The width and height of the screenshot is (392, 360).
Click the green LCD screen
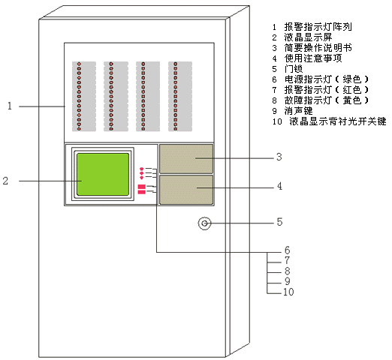pos(103,174)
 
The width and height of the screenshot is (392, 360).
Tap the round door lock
pos(204,223)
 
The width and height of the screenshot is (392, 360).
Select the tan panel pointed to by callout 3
pos(186,159)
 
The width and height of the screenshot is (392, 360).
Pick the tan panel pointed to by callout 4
pos(186,190)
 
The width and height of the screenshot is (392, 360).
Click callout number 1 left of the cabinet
pos(10,106)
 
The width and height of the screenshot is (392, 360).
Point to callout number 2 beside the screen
pos(5,181)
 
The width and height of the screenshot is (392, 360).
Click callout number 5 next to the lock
pos(279,222)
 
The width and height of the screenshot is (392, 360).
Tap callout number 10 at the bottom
pos(288,292)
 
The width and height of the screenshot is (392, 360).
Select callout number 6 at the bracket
pos(287,250)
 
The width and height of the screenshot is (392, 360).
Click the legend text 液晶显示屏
pos(308,37)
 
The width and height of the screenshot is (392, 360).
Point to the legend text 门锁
pos(294,69)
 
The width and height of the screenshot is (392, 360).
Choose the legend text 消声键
pos(298,111)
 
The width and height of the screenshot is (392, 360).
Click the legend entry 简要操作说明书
pos(318,48)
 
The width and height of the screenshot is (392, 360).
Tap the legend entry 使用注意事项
pos(313,58)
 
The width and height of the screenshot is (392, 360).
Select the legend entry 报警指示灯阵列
pos(318,27)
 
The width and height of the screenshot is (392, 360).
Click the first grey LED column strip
pos(84,97)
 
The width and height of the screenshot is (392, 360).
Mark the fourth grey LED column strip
pos(180,97)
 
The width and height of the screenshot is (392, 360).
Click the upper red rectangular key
pos(142,187)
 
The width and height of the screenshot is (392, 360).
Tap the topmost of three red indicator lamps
pos(142,169)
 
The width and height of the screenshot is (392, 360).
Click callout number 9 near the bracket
pos(288,281)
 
